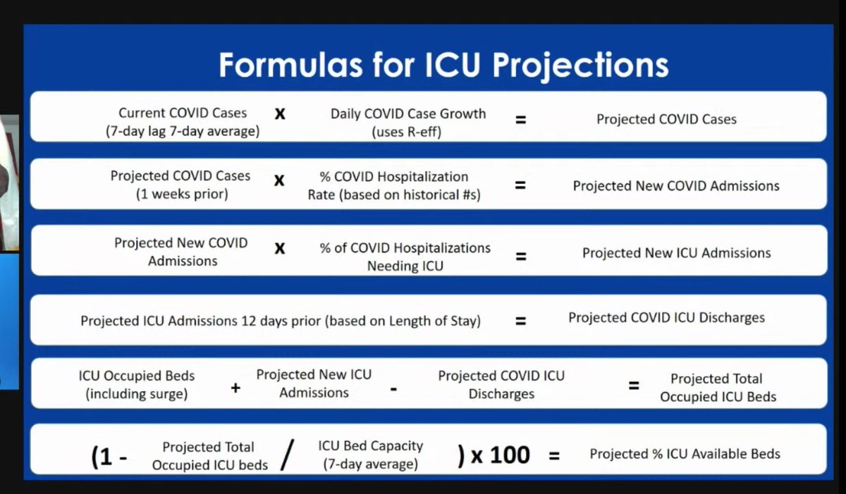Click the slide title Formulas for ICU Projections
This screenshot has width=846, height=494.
[443, 66]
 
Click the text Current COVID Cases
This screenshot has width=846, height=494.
[183, 113]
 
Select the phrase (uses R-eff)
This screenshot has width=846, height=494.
[406, 132]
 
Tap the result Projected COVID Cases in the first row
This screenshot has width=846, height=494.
[666, 119]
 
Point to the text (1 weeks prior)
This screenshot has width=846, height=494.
[182, 194]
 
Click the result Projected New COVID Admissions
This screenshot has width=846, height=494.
[676, 185]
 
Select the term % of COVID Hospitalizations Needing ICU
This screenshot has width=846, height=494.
[405, 257]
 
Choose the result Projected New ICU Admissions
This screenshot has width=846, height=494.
[676, 253]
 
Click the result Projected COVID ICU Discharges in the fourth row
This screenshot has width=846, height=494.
[667, 318]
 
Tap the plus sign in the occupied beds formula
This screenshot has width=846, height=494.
[235, 388]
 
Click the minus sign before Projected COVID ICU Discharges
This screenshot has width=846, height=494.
[393, 389]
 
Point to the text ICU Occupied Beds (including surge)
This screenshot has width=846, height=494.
[136, 385]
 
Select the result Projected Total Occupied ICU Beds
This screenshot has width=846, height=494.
[718, 388]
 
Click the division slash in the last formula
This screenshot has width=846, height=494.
[288, 455]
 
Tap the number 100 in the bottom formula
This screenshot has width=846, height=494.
[510, 455]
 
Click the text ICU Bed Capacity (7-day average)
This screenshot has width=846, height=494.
[371, 455]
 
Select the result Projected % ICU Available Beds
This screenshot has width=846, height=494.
[685, 454]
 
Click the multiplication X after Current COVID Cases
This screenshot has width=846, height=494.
[280, 113]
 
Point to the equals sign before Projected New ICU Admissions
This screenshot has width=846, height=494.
[521, 257]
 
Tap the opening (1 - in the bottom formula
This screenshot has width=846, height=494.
[109, 457]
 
